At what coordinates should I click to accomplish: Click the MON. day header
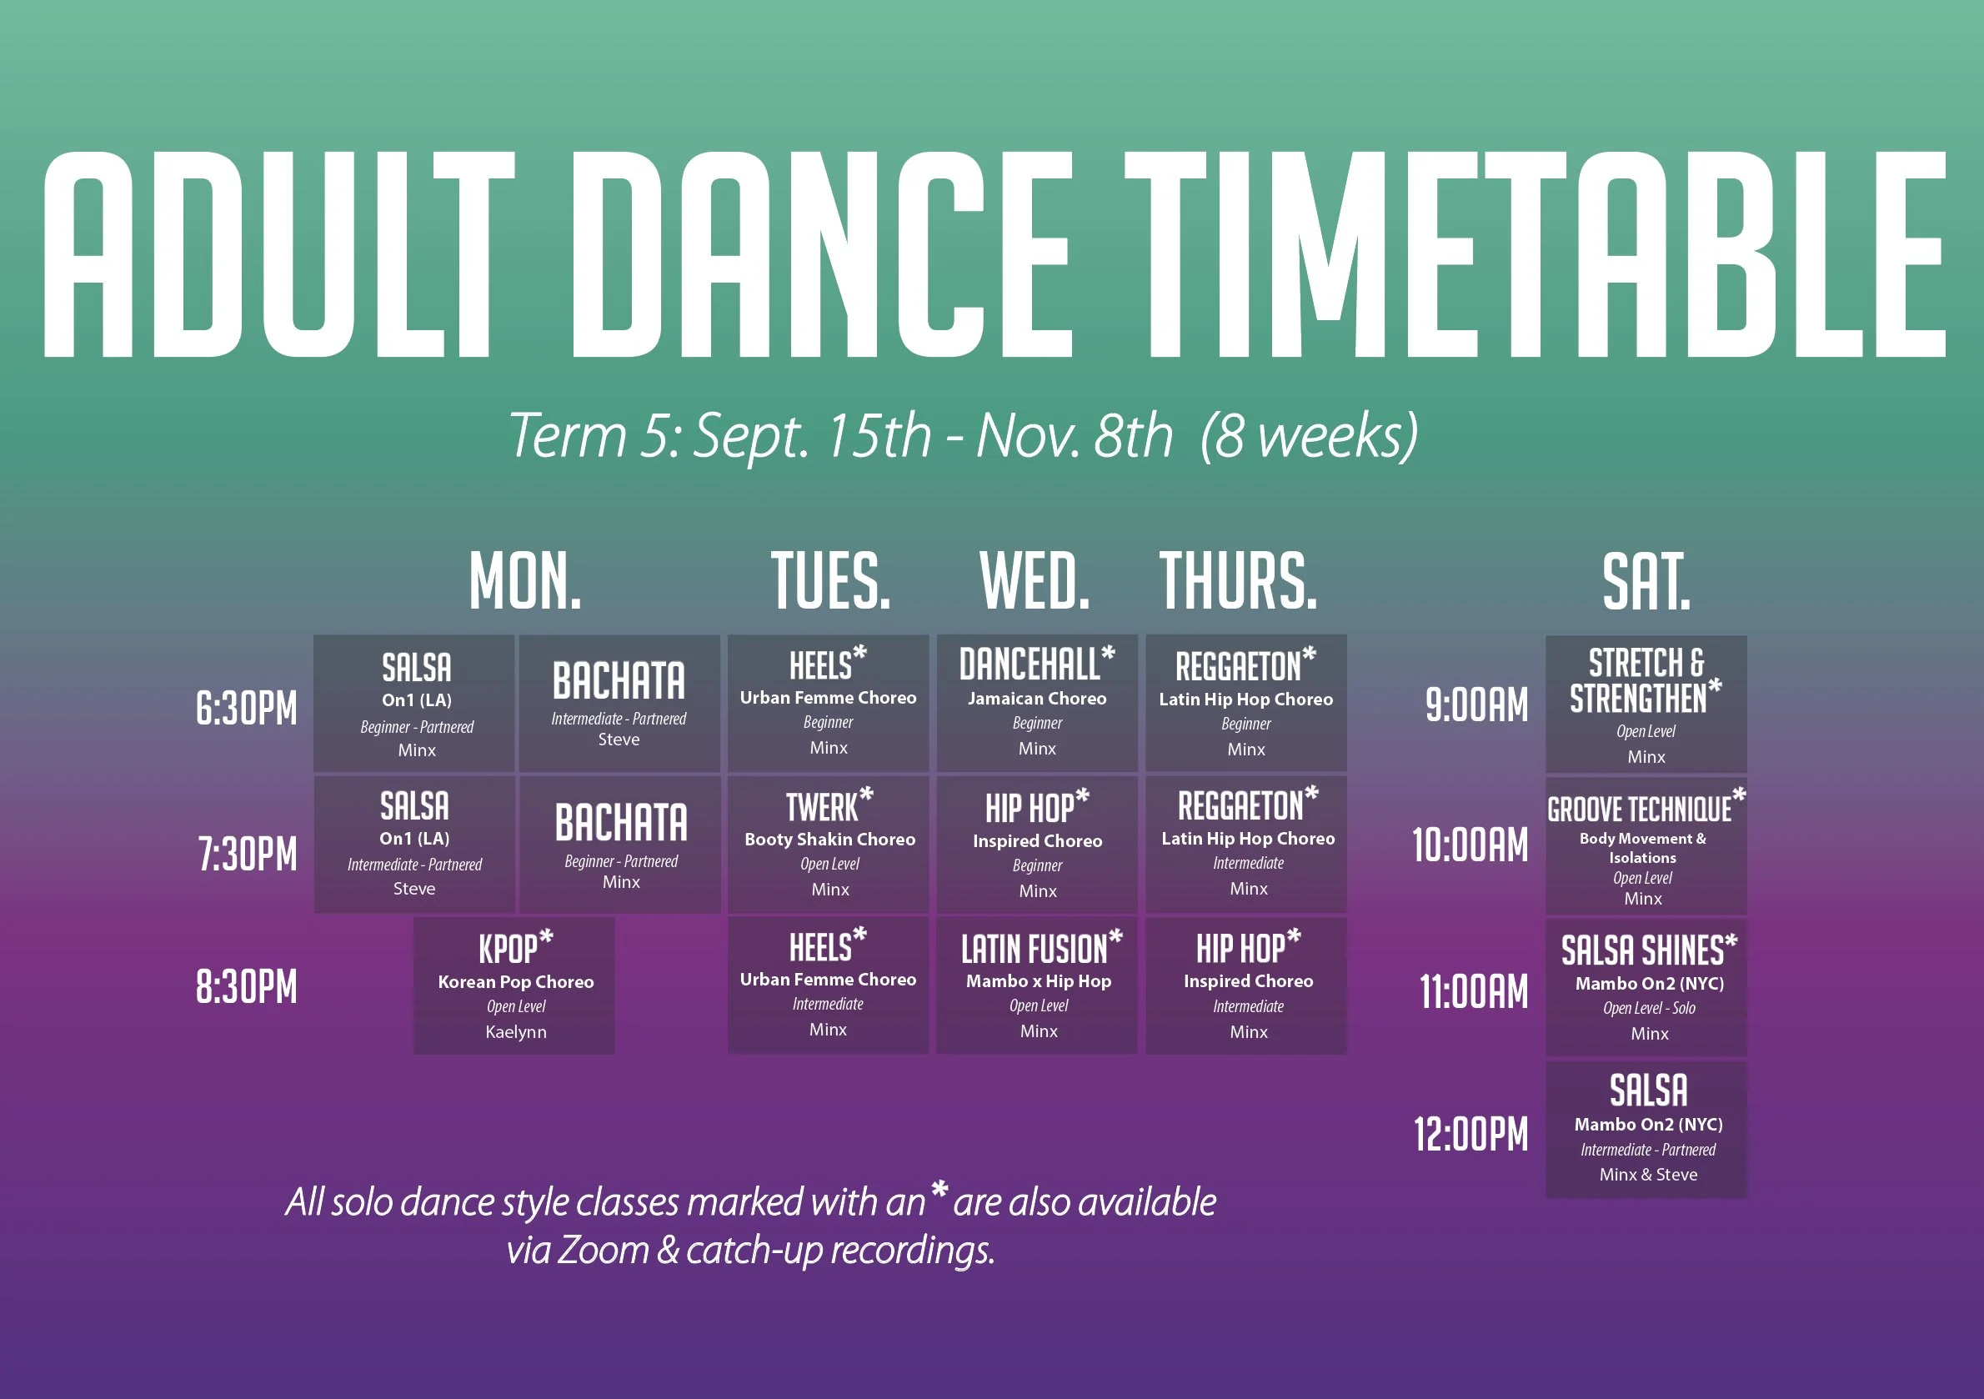click(524, 580)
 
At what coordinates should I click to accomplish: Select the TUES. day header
click(829, 580)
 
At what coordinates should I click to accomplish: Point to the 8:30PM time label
click(246, 986)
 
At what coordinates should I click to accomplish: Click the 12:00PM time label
click(1470, 1134)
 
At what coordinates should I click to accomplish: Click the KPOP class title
click(509, 949)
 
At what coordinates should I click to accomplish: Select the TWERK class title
click(822, 807)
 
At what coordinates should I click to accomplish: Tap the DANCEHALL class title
click(1030, 664)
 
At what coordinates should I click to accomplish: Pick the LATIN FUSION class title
click(1034, 950)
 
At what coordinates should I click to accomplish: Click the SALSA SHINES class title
click(1642, 950)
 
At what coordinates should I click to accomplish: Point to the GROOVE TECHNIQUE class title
click(1639, 810)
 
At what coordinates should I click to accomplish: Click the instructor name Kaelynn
click(516, 1032)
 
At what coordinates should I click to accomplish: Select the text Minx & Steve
click(1648, 1175)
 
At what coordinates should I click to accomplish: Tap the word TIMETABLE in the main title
click(1535, 255)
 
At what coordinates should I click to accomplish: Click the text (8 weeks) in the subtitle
click(1309, 436)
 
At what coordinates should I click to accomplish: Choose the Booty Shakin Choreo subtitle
click(829, 839)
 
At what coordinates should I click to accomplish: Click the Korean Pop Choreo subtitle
click(516, 981)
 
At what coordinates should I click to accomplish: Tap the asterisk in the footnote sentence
click(939, 1191)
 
